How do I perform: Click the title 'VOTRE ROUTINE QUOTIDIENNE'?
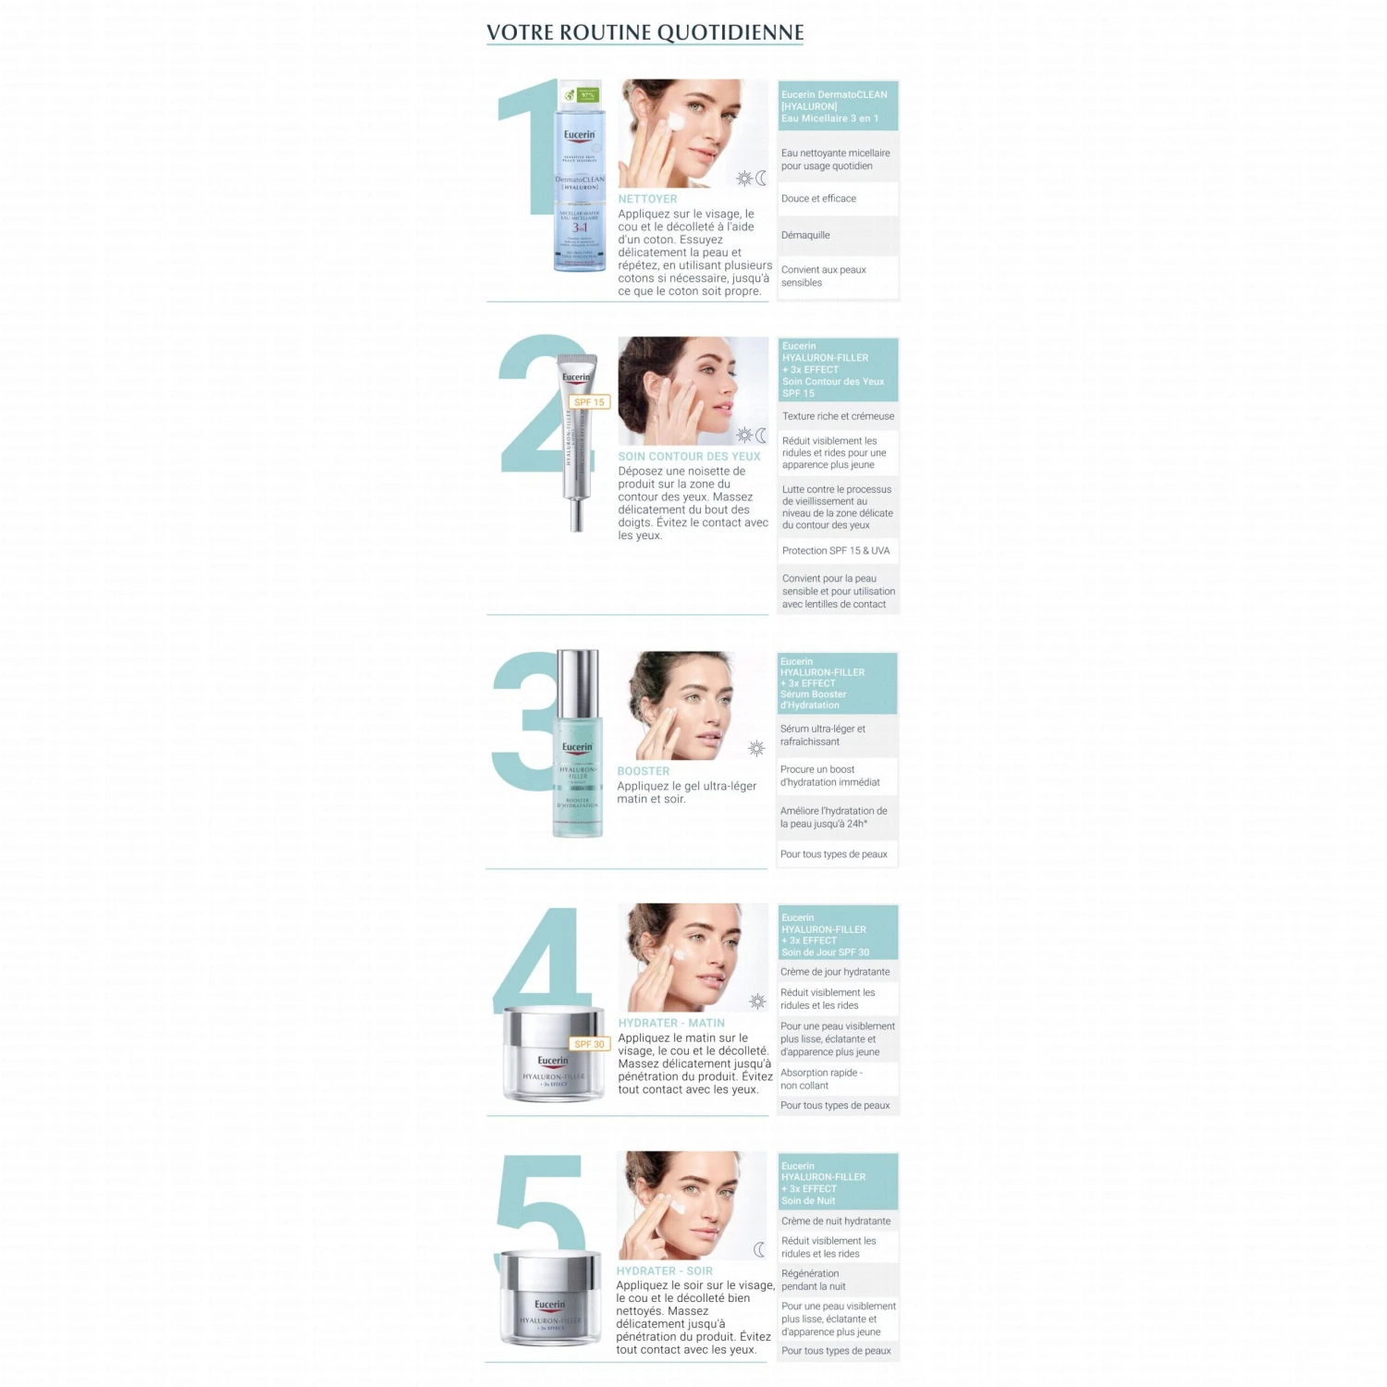coord(644,32)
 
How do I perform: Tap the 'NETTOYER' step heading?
coord(647,199)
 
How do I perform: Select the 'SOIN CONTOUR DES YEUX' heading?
coord(689,456)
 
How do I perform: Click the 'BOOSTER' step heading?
coord(644,771)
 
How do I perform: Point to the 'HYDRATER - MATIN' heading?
coord(671,1023)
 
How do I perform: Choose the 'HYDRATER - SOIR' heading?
coord(664,1271)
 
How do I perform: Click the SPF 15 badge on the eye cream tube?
coord(589,402)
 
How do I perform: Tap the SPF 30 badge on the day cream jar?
coord(589,1044)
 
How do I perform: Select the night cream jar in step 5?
coord(550,1299)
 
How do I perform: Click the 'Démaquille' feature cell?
coord(838,235)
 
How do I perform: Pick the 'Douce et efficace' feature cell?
coord(838,198)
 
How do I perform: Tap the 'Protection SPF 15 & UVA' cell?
coord(838,550)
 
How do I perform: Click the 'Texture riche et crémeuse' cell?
coord(838,416)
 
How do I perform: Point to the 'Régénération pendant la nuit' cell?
coord(838,1280)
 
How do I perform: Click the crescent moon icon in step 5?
coord(759,1250)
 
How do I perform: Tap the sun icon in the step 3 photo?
coord(756,748)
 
